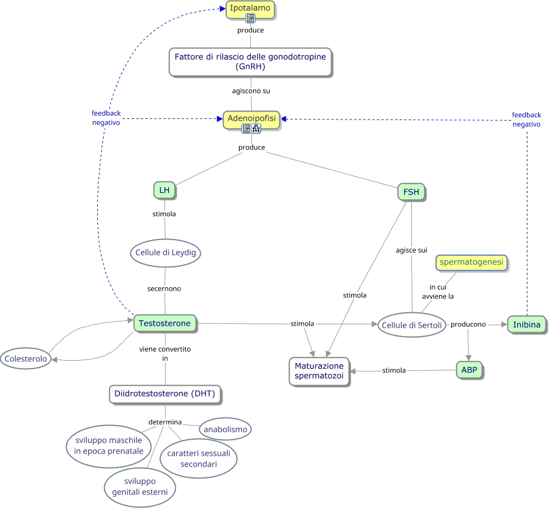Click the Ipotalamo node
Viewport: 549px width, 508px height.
(250, 7)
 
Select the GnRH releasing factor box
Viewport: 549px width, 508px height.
(250, 61)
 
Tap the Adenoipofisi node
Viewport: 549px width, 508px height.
(251, 118)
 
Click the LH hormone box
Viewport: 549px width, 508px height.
(164, 190)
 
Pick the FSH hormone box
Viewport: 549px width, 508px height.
(411, 192)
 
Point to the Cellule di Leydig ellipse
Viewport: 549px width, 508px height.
(166, 253)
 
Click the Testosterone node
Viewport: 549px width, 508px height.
(165, 324)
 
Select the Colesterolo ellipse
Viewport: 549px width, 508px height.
(24, 358)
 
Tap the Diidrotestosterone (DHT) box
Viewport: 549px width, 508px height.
(165, 394)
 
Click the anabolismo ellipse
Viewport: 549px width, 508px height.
(225, 429)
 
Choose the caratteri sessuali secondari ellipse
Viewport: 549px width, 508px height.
(199, 459)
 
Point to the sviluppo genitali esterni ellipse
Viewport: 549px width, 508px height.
(140, 487)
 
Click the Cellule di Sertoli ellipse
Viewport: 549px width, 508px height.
(412, 325)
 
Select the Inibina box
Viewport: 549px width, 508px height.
(526, 324)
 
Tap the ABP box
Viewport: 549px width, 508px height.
(469, 370)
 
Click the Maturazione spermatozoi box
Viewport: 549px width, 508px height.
(319, 371)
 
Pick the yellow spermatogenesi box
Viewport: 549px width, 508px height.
(471, 262)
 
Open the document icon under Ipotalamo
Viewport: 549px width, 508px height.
(250, 18)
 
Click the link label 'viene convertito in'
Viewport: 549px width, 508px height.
(165, 353)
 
